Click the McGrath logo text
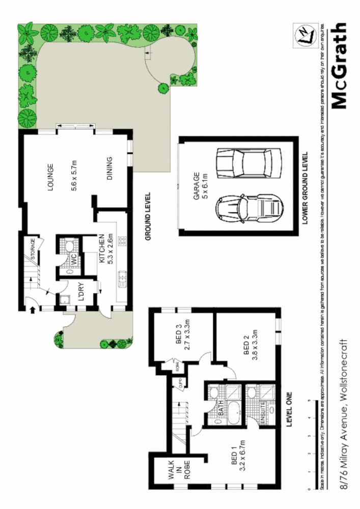339,65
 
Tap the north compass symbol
304,37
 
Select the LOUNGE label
50,177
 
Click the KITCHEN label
101,249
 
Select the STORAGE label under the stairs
32,249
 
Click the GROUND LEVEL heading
148,215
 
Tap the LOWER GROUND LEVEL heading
305,188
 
